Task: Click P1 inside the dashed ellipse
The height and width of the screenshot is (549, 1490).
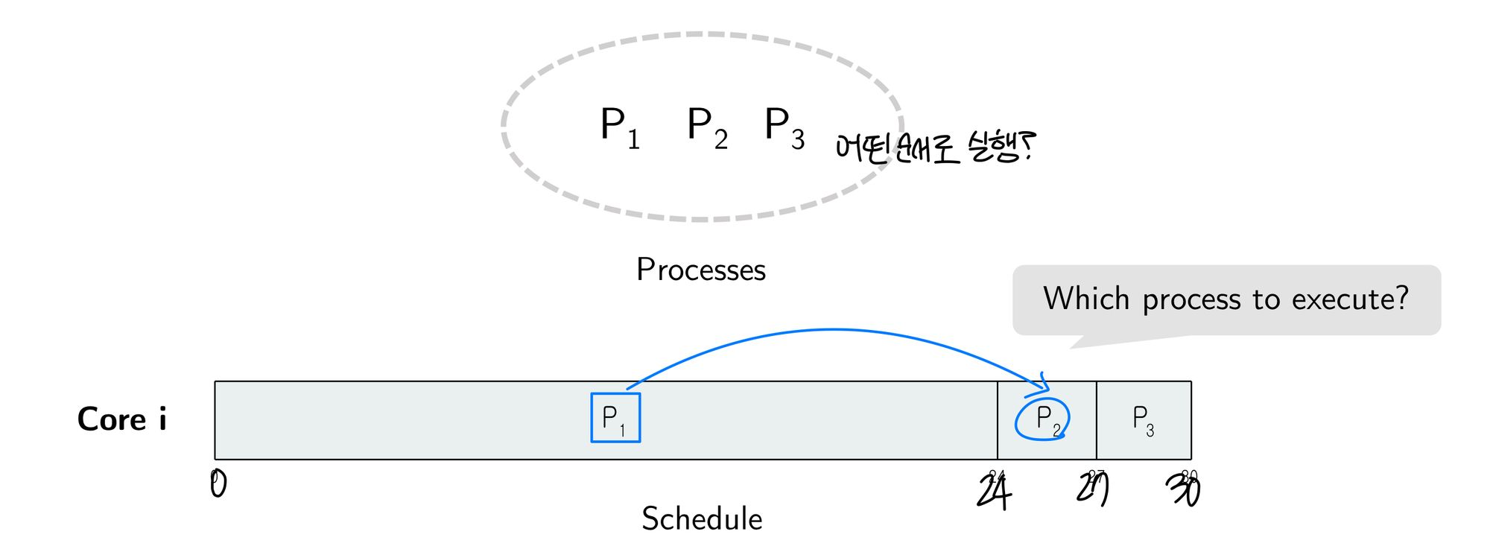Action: click(619, 127)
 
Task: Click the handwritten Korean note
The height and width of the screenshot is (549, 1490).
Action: click(935, 147)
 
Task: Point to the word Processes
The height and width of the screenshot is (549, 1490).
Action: click(700, 270)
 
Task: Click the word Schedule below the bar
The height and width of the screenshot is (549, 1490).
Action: click(702, 518)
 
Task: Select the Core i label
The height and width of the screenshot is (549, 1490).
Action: click(121, 419)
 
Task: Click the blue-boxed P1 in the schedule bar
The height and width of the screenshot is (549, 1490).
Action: click(615, 418)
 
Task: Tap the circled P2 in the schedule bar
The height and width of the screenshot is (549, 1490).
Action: click(1043, 419)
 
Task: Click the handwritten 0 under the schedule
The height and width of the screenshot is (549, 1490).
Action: click(218, 484)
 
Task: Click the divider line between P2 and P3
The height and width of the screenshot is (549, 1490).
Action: click(1097, 420)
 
